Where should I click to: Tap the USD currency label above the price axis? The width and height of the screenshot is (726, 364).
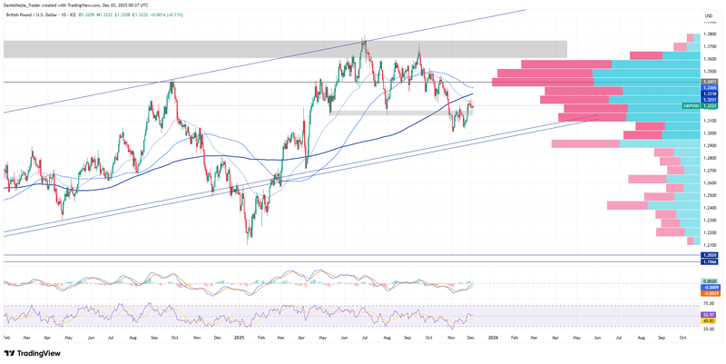coord(708,15)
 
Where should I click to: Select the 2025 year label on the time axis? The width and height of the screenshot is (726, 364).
coord(239,337)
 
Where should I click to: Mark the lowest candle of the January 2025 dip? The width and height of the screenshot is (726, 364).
coord(249,242)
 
